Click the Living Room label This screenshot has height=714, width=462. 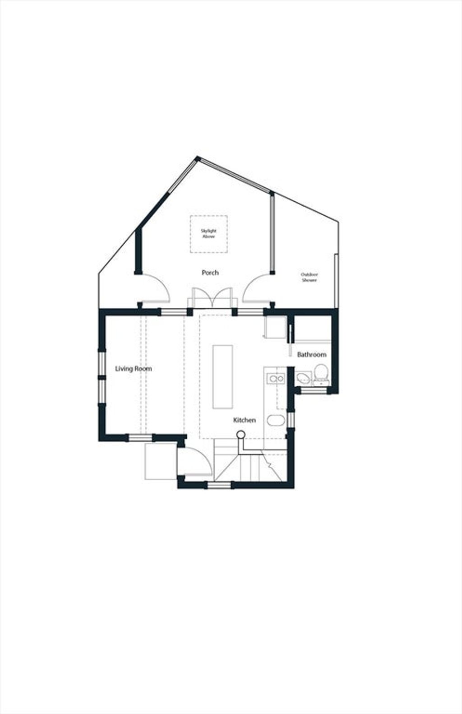point(133,369)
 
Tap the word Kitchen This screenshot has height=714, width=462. point(245,420)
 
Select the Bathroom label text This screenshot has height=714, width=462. point(312,354)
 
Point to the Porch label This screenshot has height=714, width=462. point(210,273)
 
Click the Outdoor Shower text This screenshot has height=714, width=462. point(310,277)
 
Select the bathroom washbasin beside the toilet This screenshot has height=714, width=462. point(303,379)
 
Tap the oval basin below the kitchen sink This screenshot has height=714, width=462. point(275,421)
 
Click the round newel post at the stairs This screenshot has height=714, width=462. point(241,434)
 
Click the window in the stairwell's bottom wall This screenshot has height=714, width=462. point(219,486)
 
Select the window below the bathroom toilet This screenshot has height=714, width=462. point(314,390)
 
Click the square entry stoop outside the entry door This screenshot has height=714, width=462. point(161,461)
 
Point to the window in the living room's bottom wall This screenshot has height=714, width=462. point(140,438)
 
